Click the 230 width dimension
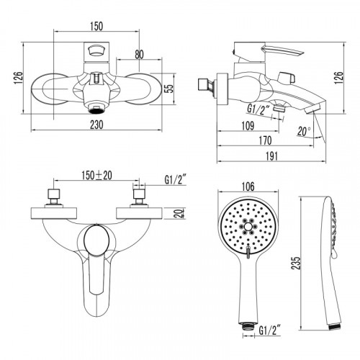point(96,125)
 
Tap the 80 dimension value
point(139,55)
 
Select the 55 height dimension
point(170,88)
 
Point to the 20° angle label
point(304,131)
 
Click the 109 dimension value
point(248,126)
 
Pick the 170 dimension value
point(265,140)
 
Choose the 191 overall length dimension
point(271,156)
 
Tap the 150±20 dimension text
point(97,176)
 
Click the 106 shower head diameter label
point(248,186)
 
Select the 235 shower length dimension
point(296,263)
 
